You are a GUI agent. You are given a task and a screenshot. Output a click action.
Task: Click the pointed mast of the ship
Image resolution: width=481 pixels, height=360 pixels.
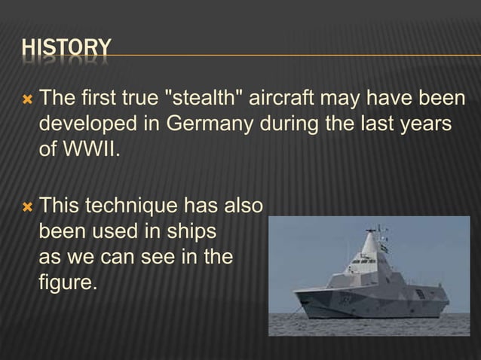click(369, 241)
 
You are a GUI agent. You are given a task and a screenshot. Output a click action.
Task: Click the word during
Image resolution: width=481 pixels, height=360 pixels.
click(293, 123)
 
